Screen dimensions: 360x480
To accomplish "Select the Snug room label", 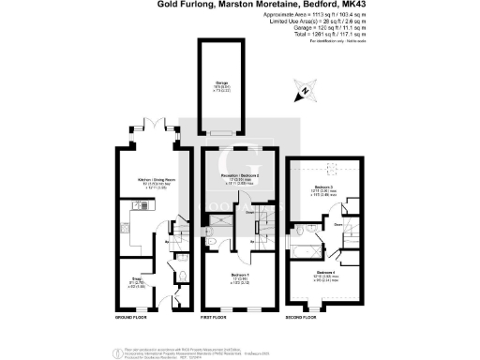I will click(x=136, y=278).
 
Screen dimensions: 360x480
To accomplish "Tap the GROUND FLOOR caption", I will click(x=133, y=317).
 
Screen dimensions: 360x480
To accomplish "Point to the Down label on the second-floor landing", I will click(x=336, y=225).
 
